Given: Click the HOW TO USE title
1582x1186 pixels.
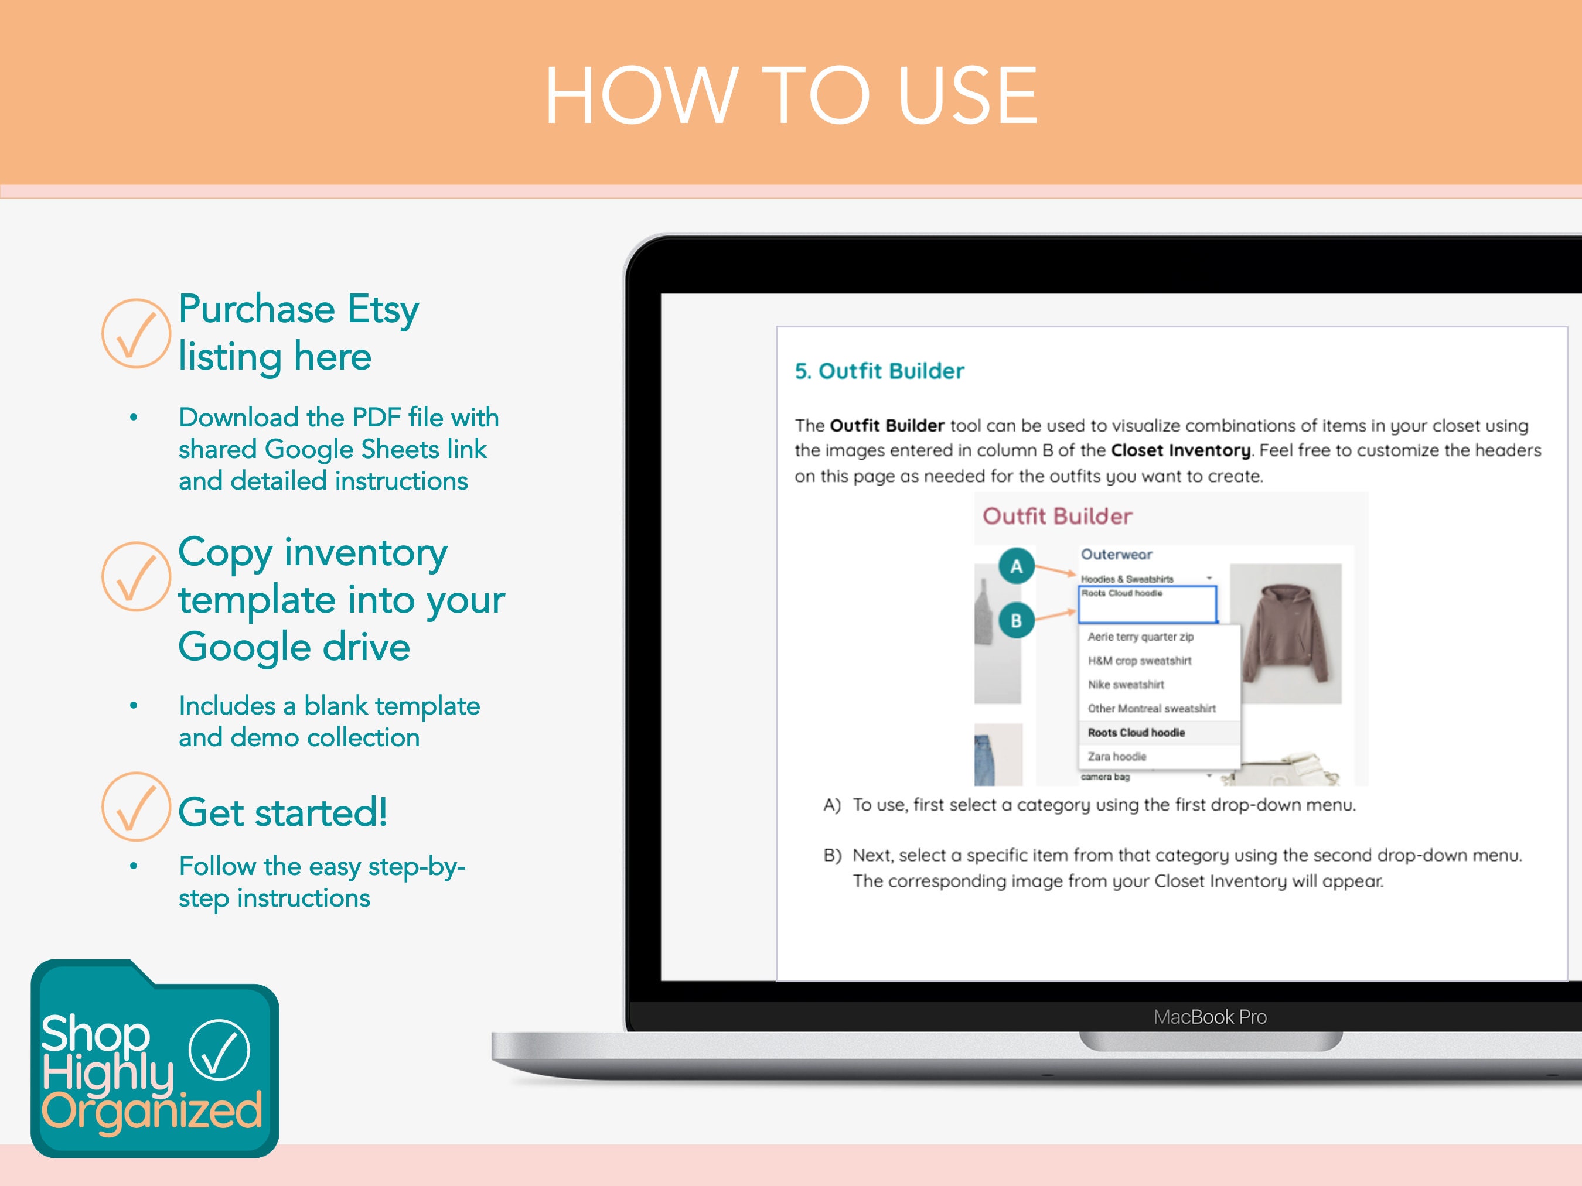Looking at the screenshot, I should pos(791,96).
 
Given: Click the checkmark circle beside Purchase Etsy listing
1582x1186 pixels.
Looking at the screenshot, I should pos(136,333).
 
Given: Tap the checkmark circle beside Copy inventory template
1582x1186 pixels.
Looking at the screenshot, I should pos(136,576).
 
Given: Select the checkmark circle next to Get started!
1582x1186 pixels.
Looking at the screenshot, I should pos(136,806).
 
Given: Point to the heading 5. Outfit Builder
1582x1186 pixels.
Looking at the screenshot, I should pos(879,371).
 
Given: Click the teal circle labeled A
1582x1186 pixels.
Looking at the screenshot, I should pos(1016,566).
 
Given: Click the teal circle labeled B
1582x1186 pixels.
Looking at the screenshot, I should pos(1016,620).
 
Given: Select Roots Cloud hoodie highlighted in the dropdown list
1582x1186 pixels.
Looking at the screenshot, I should pos(1137,733).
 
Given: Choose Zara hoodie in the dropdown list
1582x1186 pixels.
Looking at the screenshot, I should pos(1117,756).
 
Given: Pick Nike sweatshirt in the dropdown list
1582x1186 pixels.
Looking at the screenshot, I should pos(1126,685).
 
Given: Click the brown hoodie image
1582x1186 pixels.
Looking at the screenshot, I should pos(1284,633).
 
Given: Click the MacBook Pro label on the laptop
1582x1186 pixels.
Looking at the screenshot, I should pos(1210,1017).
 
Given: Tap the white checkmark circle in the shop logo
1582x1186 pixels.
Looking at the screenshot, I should pos(220,1050).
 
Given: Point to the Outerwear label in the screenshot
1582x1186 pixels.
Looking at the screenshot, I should pos(1116,555).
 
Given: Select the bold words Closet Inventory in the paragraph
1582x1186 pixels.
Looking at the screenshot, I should pos(1180,450).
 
